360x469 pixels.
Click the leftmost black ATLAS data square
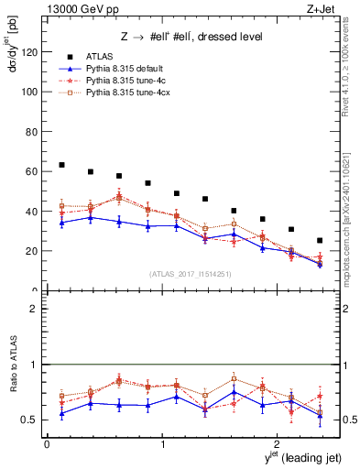tap(62, 165)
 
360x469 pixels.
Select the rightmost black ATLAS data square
tap(320, 241)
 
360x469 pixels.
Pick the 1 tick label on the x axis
tap(162, 444)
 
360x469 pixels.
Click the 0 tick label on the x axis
tap(47, 444)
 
